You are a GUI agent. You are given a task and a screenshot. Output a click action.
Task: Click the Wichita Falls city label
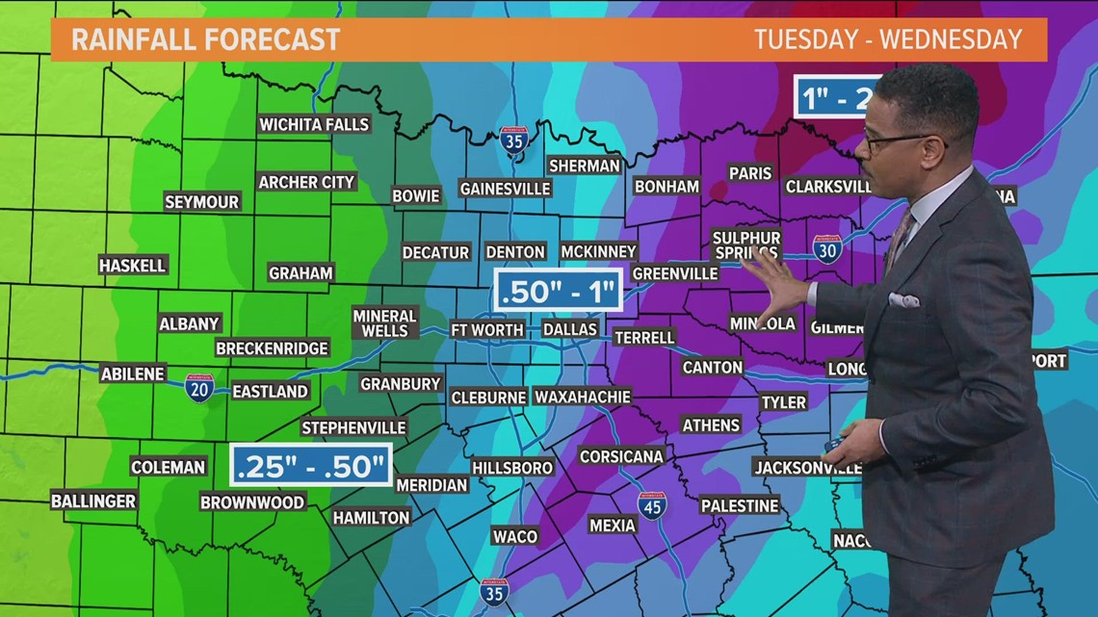click(x=314, y=124)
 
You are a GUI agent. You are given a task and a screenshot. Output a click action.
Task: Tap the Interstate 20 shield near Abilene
click(x=199, y=388)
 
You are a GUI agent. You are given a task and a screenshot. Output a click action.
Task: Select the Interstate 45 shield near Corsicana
click(x=652, y=505)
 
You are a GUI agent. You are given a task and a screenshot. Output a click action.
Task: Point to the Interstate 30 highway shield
click(x=826, y=249)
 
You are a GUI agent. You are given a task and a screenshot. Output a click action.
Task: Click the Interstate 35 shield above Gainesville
click(x=514, y=141)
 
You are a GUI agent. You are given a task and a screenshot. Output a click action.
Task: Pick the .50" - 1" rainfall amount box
click(x=558, y=291)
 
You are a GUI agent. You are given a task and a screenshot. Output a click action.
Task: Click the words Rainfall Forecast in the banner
click(x=206, y=39)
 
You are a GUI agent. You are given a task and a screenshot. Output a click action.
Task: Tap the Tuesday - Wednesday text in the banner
click(x=887, y=39)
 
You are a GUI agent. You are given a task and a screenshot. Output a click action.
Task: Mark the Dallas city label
click(x=569, y=329)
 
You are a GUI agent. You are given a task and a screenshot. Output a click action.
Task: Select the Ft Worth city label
click(x=487, y=329)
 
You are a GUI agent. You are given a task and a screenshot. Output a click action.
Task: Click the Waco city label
click(x=513, y=535)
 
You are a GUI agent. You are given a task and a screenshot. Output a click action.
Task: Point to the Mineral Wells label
click(x=384, y=323)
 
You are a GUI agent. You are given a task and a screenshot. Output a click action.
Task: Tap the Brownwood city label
click(x=252, y=501)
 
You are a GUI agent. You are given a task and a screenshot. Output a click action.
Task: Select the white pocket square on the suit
click(x=902, y=300)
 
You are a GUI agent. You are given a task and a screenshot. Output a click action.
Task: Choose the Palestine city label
click(x=739, y=505)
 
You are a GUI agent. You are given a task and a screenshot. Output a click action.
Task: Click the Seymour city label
click(x=201, y=202)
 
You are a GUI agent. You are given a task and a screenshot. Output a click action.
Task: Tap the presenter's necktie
click(x=900, y=241)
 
